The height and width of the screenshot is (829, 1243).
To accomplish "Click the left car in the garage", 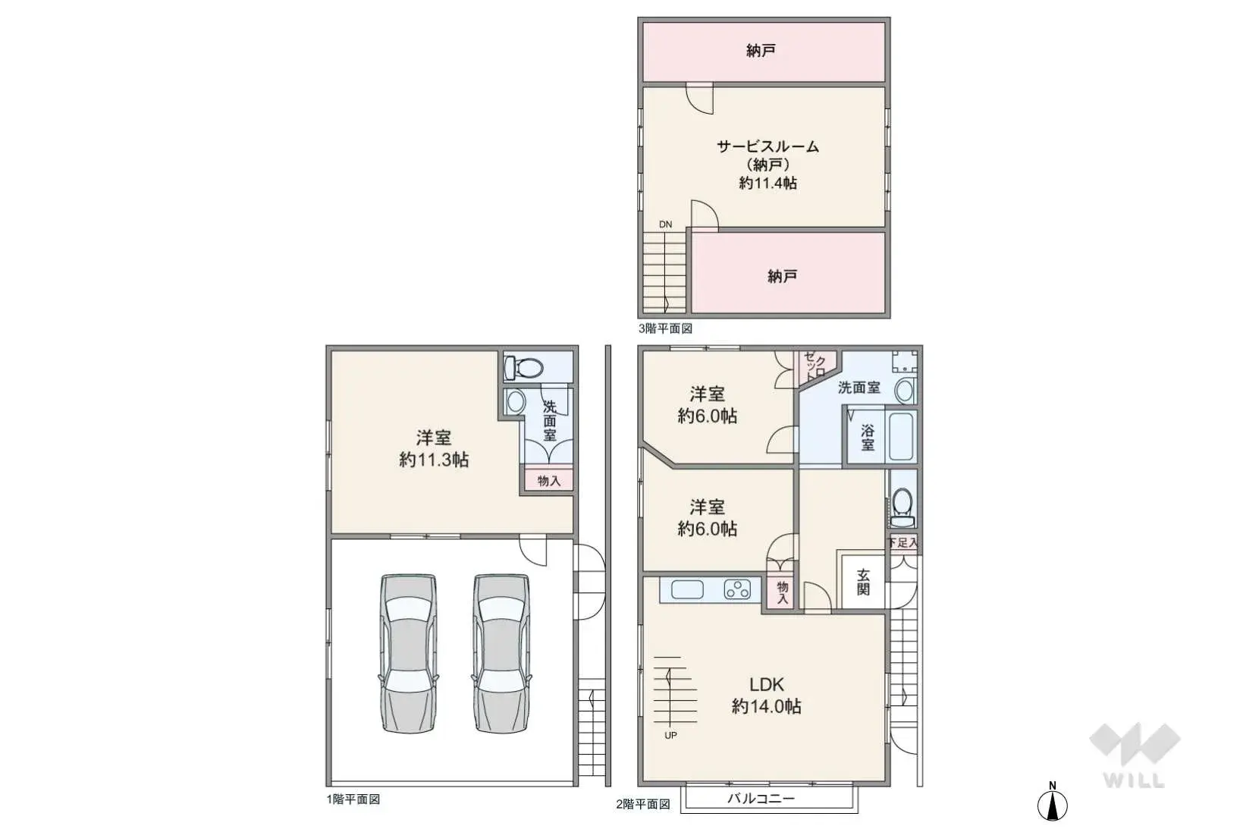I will (x=410, y=654).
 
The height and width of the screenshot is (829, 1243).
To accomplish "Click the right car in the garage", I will (x=501, y=654).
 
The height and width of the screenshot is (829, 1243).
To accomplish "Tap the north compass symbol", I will (x=1052, y=803).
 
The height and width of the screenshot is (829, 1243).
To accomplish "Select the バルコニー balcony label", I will (x=761, y=799).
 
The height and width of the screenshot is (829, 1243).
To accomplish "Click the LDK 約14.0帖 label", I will (x=766, y=695).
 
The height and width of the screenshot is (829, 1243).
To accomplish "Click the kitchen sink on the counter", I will (x=688, y=589).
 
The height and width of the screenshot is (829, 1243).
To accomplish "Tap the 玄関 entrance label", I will (x=863, y=582).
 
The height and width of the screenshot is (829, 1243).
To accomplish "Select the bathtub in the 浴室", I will (x=901, y=436).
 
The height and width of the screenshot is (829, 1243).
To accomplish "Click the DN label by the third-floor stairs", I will (x=665, y=225).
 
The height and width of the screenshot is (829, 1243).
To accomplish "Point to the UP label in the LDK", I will (x=670, y=735).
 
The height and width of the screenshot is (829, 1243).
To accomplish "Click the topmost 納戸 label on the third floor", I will (x=761, y=51).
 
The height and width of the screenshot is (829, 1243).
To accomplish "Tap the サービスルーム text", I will (x=767, y=146).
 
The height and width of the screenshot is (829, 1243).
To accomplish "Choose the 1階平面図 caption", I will (x=353, y=799).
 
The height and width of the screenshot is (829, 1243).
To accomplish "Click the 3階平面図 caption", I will (x=665, y=328).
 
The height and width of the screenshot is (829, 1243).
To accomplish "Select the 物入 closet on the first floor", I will (x=549, y=481).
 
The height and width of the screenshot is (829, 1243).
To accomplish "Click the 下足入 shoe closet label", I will (x=902, y=542).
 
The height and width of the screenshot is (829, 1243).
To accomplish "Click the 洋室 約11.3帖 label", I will (x=434, y=448).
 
